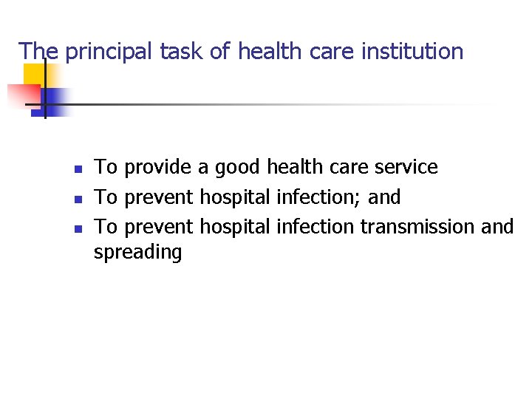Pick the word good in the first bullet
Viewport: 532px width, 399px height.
[x=237, y=168]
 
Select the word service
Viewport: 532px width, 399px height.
[x=406, y=168]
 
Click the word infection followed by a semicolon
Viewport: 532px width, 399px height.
[x=318, y=197]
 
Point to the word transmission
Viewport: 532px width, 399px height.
[x=417, y=226]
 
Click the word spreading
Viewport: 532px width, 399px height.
[x=137, y=253]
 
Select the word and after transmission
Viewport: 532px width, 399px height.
[x=497, y=226]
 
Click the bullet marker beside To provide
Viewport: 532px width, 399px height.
[x=78, y=169]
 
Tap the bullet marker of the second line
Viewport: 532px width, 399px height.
[x=78, y=199]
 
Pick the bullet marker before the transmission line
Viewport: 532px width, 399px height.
[x=78, y=228]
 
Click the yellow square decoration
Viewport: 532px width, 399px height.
[x=33, y=74]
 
